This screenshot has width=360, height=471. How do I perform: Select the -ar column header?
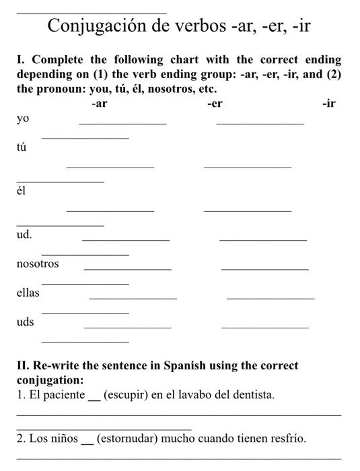pyautogui.click(x=99, y=104)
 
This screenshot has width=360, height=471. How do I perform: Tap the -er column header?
pyautogui.click(x=215, y=104)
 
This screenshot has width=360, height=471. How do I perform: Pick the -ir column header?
pyautogui.click(x=329, y=104)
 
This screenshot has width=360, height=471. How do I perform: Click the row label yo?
pyautogui.click(x=23, y=119)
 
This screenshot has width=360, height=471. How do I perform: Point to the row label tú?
pyautogui.click(x=22, y=147)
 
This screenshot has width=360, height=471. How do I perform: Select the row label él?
pyautogui.click(x=21, y=190)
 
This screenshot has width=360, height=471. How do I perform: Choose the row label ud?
pyautogui.click(x=24, y=235)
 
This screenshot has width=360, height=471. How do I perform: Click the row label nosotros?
pyautogui.click(x=38, y=264)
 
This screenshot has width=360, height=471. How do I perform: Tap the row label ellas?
pyautogui.click(x=28, y=293)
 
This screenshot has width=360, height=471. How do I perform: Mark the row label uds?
pyautogui.click(x=26, y=322)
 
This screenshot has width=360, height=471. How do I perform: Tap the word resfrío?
pyautogui.click(x=287, y=439)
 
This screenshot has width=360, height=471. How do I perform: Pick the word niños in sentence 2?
pyautogui.click(x=63, y=439)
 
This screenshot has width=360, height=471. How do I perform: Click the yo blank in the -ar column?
pyautogui.click(x=122, y=123)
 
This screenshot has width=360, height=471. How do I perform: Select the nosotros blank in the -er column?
pyautogui.click(x=264, y=269)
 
